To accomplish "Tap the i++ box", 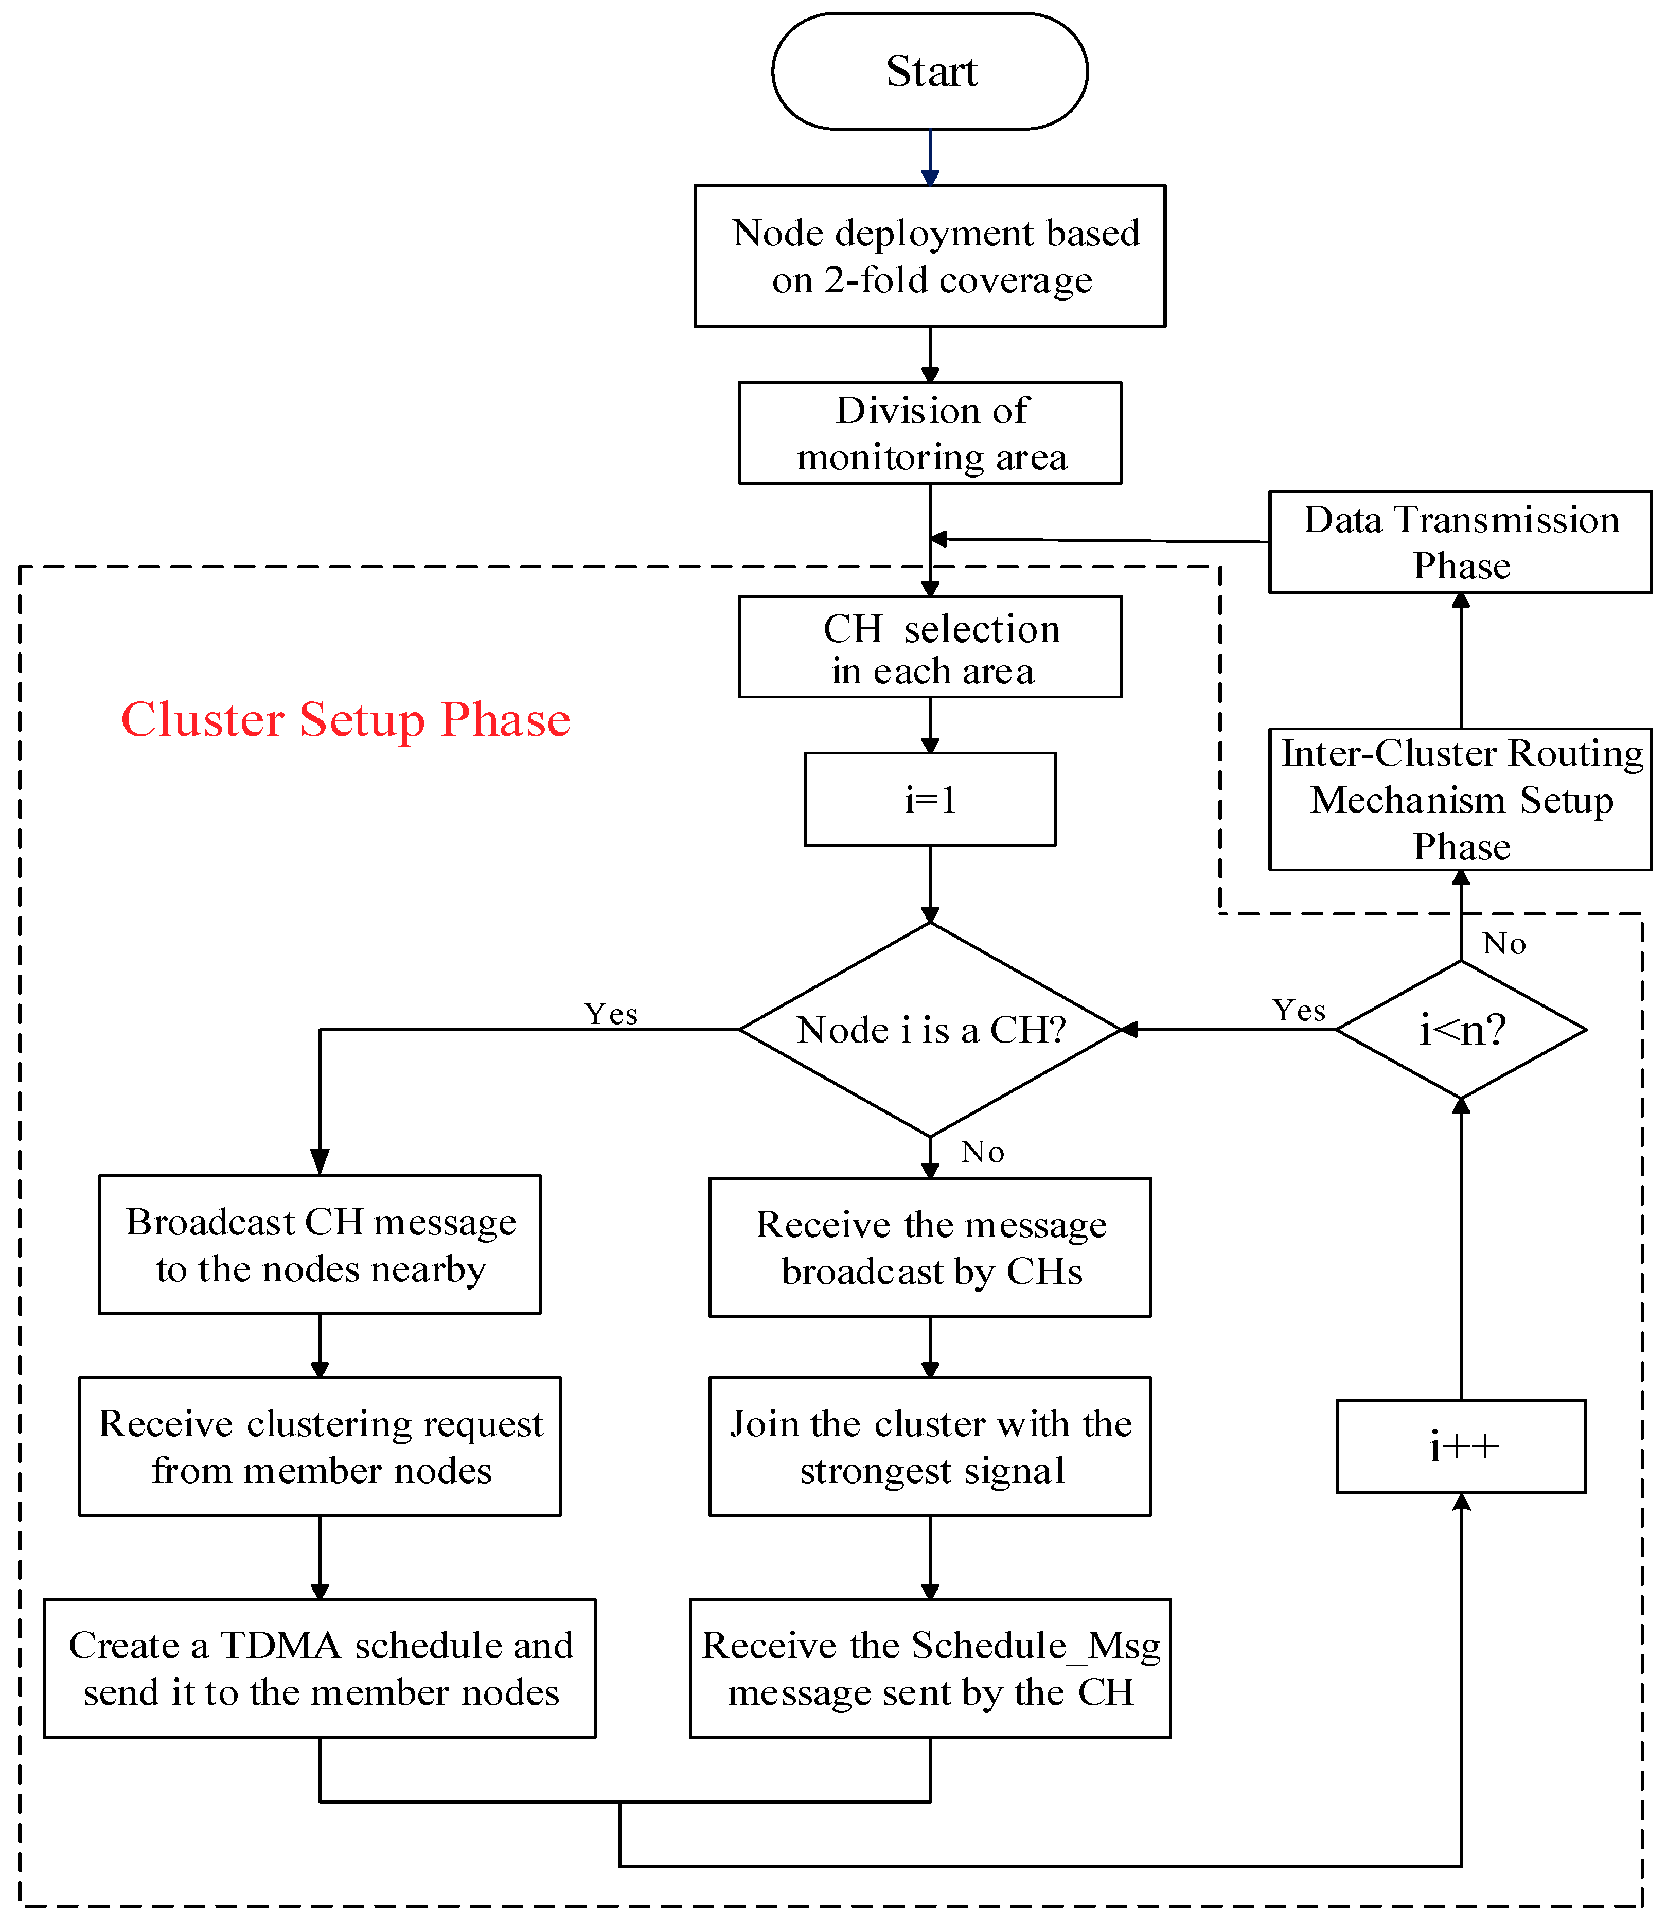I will coord(1461,1447).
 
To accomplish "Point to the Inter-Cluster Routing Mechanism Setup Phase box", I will coord(1461,799).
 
